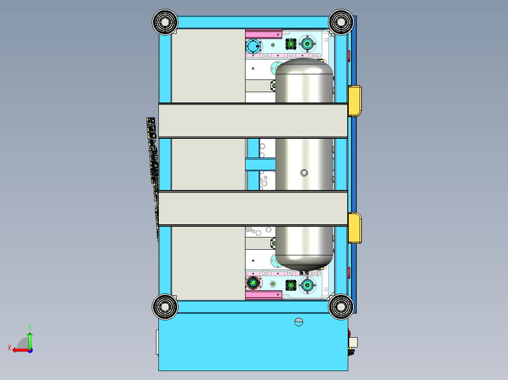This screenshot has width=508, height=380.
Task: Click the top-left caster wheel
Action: point(165,22)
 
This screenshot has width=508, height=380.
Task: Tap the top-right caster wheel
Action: point(341,22)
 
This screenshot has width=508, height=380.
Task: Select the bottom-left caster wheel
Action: point(165,307)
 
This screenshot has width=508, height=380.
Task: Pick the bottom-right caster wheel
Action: point(341,307)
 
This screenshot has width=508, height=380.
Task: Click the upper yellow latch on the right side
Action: point(355,101)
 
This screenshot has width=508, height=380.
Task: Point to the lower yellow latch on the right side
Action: point(355,228)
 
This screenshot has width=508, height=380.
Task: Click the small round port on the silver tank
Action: point(304,173)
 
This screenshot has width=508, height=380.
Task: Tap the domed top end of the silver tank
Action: point(304,66)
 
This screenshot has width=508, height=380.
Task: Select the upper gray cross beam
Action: point(253,120)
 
